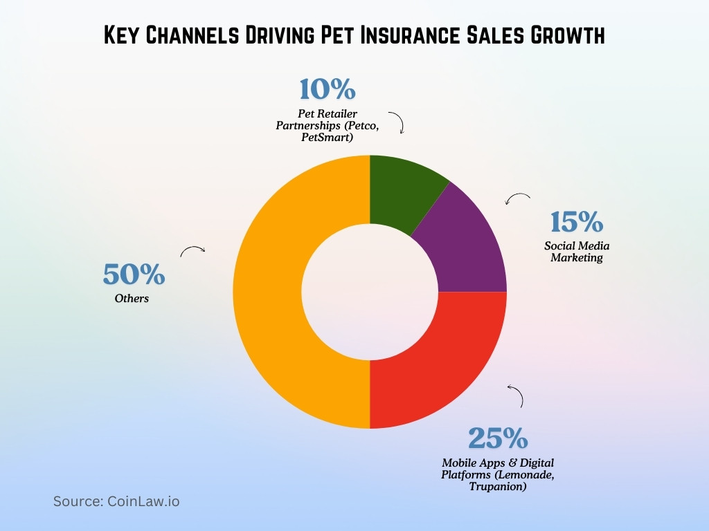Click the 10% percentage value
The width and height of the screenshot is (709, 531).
327,90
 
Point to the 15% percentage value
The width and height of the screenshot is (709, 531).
577,223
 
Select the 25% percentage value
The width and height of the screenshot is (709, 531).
498,438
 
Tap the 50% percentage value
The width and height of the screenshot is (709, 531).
134,275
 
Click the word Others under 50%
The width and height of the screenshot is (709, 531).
132,299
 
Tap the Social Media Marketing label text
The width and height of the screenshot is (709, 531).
577,252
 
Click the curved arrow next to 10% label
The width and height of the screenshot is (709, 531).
397,121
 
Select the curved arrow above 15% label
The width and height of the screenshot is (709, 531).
517,199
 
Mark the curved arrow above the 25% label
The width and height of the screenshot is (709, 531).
515,395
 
